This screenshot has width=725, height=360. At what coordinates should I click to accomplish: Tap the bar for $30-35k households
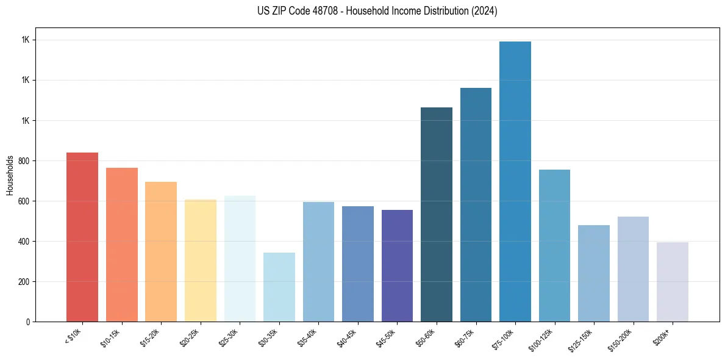coord(279,287)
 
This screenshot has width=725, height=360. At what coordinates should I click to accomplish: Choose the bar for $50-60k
coord(437,214)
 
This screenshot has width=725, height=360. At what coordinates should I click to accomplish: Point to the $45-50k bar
coord(397,265)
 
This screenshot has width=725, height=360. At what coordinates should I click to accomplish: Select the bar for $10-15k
coord(122,245)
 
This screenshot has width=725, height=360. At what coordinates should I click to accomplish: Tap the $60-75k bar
coord(476,204)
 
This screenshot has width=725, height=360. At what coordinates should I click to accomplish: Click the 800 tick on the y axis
coord(23,161)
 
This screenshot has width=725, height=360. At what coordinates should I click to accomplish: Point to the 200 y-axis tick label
coord(23,282)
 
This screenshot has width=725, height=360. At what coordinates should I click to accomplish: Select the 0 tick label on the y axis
coord(27,322)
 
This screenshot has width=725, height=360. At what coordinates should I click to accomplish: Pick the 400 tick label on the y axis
coord(23,242)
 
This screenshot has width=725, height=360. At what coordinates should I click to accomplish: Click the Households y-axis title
coord(10,175)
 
